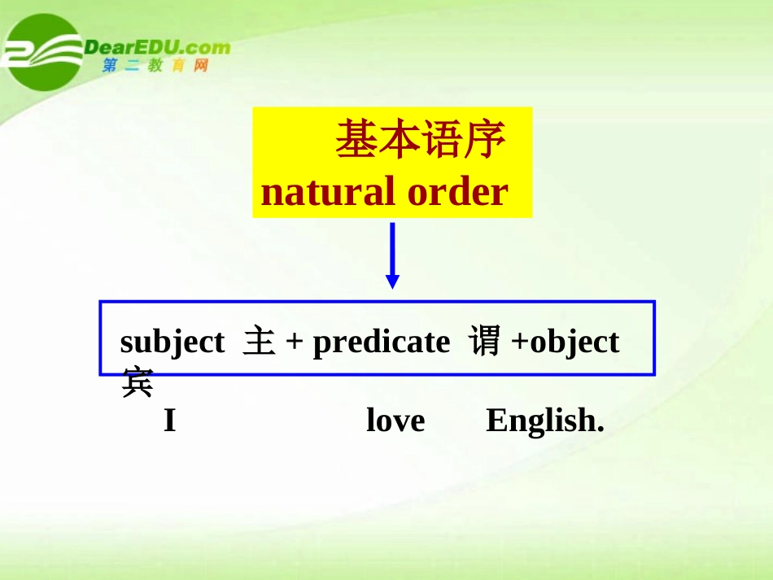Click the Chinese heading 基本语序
click(421, 140)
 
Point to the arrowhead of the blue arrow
click(392, 281)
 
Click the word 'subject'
click(172, 342)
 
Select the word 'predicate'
click(381, 342)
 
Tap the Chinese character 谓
click(485, 342)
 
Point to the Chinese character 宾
click(138, 382)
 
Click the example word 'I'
click(169, 421)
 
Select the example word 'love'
click(395, 421)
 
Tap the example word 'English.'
click(545, 421)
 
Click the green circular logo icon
click(45, 51)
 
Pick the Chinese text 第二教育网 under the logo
click(155, 66)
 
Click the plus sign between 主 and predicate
click(294, 343)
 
